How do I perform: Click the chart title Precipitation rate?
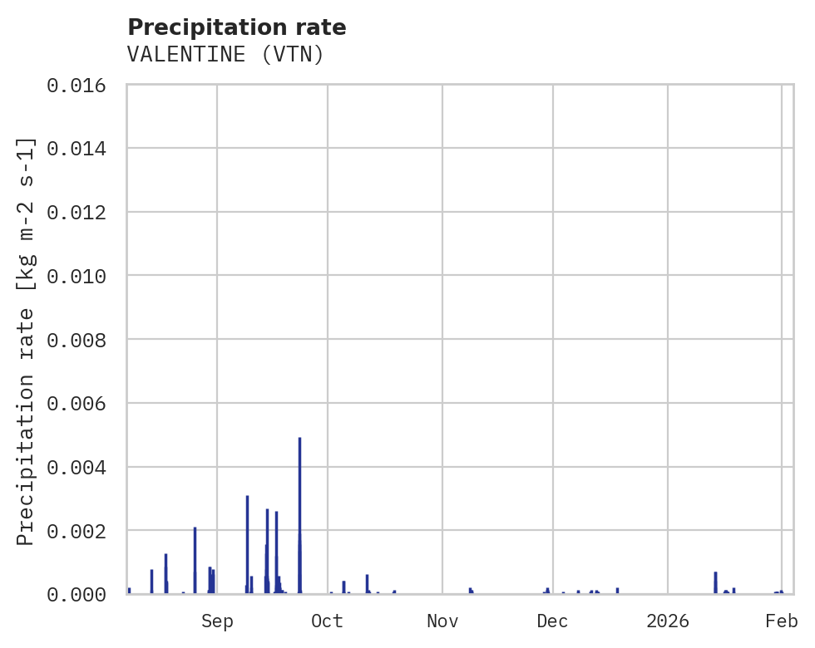[x=236, y=27]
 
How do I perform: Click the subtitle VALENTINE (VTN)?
[x=225, y=55]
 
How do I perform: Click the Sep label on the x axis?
[x=217, y=621]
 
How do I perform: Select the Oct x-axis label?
[x=328, y=621]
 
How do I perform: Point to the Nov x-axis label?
[x=442, y=621]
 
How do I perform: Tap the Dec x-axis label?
[x=553, y=621]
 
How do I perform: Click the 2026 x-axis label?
[x=668, y=621]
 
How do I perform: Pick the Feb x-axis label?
[x=782, y=621]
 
